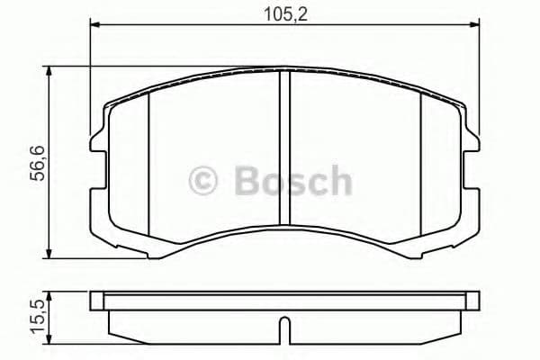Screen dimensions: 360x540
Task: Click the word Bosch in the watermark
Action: click(293, 180)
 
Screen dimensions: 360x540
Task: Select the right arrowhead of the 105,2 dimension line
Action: click(474, 28)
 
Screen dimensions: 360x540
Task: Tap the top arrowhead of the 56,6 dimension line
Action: click(49, 71)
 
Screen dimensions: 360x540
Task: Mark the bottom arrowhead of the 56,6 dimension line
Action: click(49, 255)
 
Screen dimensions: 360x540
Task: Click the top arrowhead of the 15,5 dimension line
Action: click(49, 295)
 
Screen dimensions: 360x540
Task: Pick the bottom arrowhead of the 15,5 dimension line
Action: click(49, 343)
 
